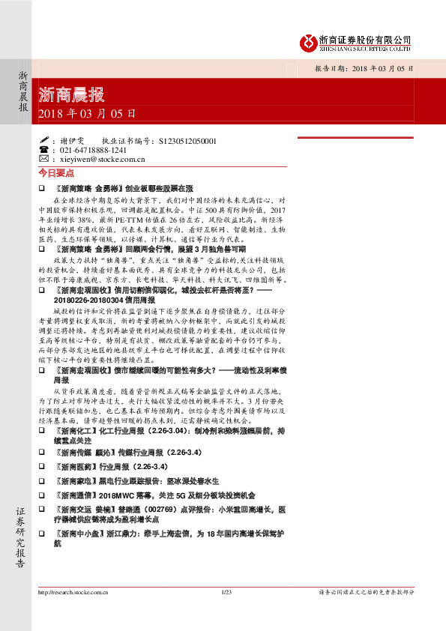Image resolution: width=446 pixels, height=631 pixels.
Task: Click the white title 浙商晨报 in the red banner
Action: pos(71,95)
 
